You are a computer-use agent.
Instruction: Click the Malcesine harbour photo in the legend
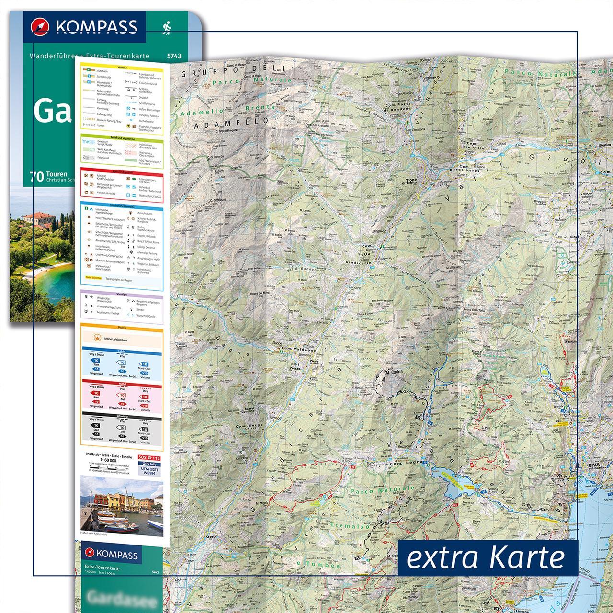click(x=122, y=507)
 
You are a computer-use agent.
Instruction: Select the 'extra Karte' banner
click(x=486, y=557)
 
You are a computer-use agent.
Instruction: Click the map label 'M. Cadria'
click(x=394, y=372)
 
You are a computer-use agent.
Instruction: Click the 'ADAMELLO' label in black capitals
click(x=215, y=125)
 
